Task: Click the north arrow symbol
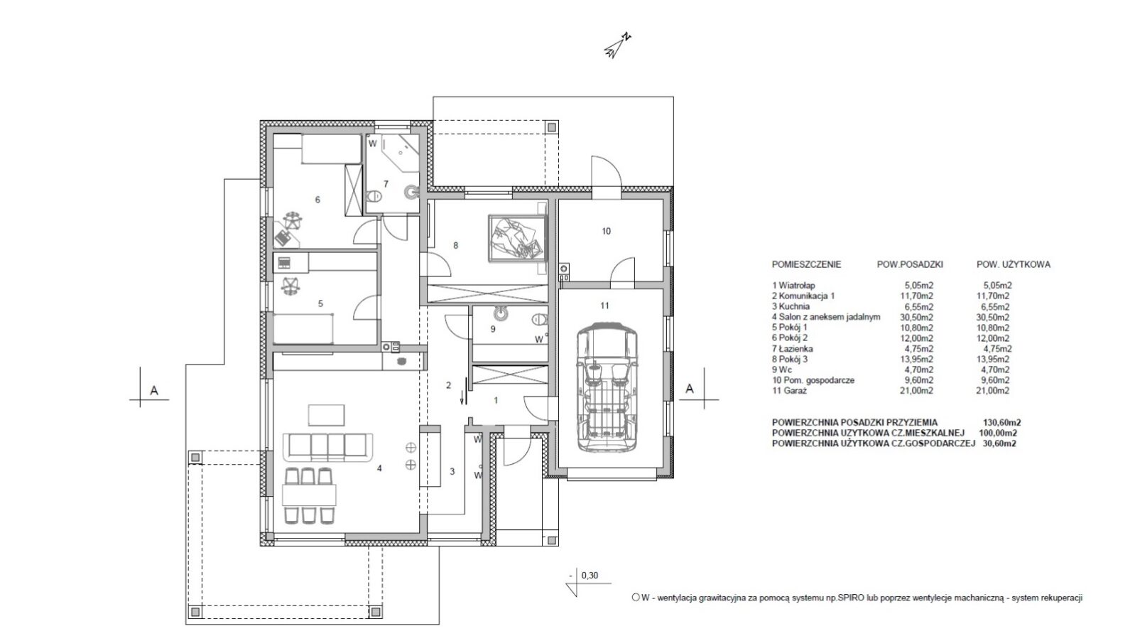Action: (617, 45)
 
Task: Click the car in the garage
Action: (607, 387)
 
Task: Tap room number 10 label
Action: (606, 231)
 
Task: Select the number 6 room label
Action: (317, 200)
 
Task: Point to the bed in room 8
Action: (517, 238)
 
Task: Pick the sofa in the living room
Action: (328, 447)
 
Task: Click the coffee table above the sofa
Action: (326, 414)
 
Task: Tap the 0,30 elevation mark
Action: (590, 576)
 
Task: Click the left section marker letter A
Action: (154, 391)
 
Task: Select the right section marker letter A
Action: (689, 389)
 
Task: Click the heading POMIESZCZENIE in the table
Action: (806, 264)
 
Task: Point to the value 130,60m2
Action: (1001, 423)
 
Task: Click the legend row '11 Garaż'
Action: (789, 391)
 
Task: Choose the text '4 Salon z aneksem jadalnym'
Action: (826, 317)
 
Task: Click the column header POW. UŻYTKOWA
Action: (1014, 264)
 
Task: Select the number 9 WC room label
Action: (492, 329)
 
